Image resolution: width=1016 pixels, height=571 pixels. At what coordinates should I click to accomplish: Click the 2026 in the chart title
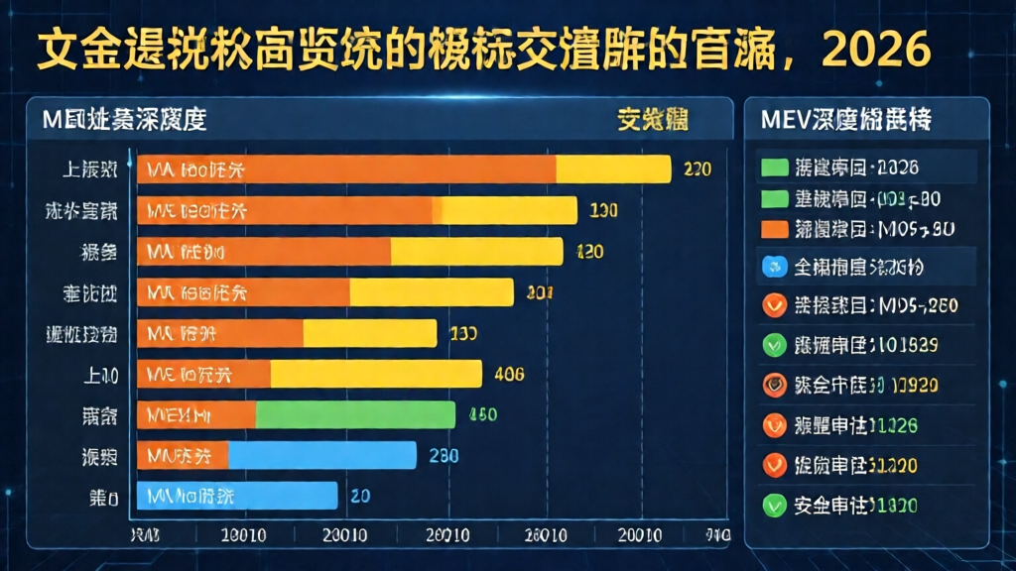coord(877,48)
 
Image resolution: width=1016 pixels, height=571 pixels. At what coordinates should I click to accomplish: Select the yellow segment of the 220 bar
coord(613,170)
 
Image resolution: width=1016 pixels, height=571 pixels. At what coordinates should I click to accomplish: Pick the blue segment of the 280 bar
coord(321,455)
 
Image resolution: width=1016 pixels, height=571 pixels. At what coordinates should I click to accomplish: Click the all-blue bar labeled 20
coord(237,496)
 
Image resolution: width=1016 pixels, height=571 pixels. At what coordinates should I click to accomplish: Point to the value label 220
coord(698,170)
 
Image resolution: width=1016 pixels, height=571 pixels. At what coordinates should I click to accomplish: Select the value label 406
coord(508,375)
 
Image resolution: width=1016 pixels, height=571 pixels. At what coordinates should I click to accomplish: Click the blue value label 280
coord(443,456)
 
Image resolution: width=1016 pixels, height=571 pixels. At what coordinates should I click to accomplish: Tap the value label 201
coord(540,292)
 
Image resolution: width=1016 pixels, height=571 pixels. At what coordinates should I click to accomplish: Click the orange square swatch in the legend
coord(774,230)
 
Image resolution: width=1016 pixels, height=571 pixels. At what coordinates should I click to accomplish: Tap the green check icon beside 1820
coord(774,505)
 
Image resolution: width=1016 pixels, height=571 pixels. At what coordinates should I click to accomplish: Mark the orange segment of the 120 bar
coord(264,252)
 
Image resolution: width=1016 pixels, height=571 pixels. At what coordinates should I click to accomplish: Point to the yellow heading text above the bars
coord(653,121)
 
